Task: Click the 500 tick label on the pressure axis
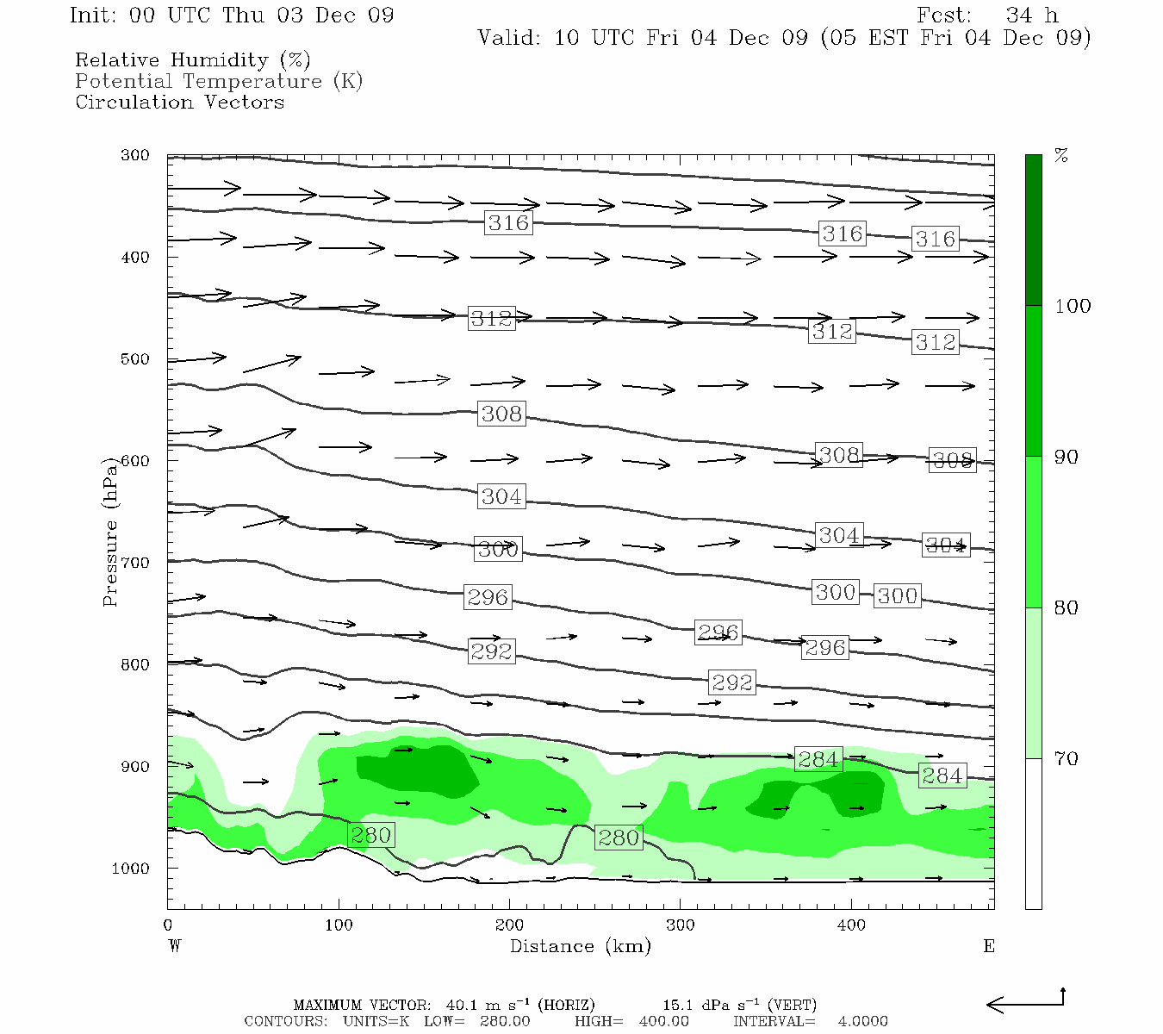coord(135,359)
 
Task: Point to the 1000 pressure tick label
coord(131,869)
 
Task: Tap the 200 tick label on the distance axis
coord(509,925)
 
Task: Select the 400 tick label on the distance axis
coord(851,925)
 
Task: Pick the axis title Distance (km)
coord(580,946)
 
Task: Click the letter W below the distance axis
coord(175,946)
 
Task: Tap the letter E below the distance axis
coord(988,946)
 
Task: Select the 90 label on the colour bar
coord(1067,457)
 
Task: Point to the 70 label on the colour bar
coord(1067,759)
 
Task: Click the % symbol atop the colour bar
coord(1061,156)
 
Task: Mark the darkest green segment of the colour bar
coord(1033,230)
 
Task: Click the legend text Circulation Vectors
coord(179,102)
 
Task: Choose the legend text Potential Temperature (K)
coord(219,81)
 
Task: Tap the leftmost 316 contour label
coord(508,223)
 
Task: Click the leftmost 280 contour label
coord(371,835)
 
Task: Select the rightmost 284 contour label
coord(942,775)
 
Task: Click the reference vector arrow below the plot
coord(1025,1003)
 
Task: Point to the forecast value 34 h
coord(1032,16)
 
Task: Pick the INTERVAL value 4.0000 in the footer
coord(862,1021)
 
